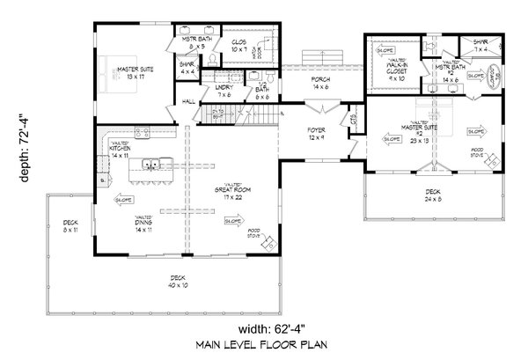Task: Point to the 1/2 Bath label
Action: point(261,91)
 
